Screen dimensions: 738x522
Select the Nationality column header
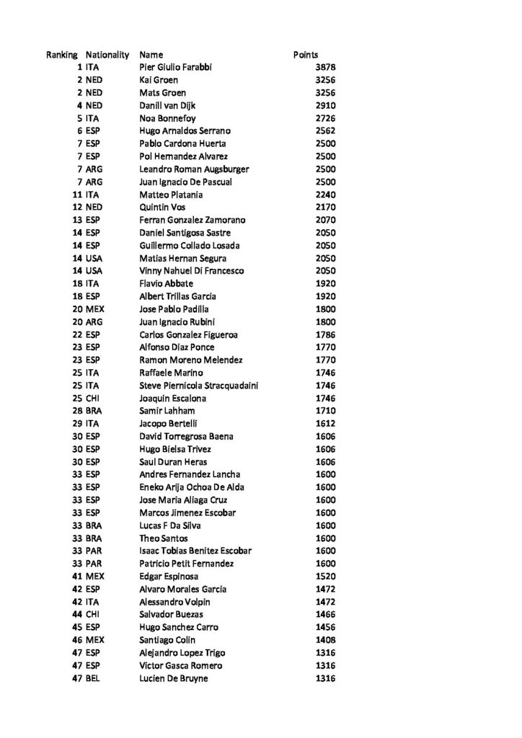[x=107, y=55]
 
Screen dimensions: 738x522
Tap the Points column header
[x=306, y=55]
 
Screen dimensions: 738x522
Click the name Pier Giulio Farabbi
[x=176, y=68]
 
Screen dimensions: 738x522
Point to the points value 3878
[x=325, y=68]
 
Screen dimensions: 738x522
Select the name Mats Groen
[x=162, y=93]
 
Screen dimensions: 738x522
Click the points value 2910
[x=325, y=105]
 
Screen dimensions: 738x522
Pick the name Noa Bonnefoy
[x=167, y=118]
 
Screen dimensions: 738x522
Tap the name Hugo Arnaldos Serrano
[x=184, y=131]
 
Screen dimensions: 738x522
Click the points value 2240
[x=325, y=195]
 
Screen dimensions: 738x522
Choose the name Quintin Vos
[x=162, y=208]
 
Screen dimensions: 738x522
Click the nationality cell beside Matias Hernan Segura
[x=94, y=258]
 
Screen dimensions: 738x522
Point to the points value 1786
[x=325, y=334]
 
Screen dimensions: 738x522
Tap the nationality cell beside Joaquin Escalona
[x=93, y=398]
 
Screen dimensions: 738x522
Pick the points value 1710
[x=325, y=411]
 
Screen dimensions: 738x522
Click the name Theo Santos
[x=164, y=538]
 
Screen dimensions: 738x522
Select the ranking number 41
[x=76, y=576]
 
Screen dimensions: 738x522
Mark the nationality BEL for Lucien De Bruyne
[x=93, y=677]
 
